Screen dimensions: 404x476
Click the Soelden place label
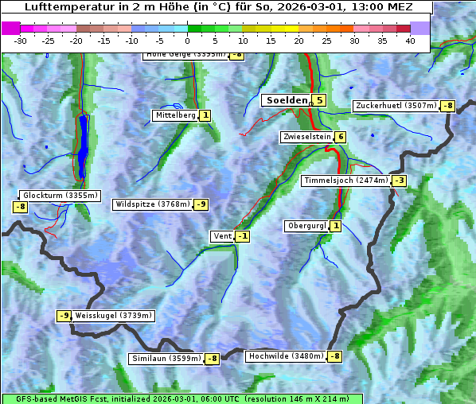click(286, 100)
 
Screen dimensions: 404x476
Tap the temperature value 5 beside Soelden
click(319, 100)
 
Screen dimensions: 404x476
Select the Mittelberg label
click(175, 115)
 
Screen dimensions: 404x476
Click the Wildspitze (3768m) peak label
click(153, 204)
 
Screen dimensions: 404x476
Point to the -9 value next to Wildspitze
click(201, 204)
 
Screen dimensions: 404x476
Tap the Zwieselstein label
click(306, 137)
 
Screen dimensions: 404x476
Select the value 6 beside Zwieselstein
click(341, 137)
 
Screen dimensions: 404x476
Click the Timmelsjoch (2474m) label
click(346, 181)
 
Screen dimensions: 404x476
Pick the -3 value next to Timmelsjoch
click(399, 181)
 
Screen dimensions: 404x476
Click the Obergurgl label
click(306, 226)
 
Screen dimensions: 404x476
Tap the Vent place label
click(222, 236)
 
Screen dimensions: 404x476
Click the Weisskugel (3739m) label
click(113, 316)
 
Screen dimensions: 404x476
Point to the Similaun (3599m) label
click(166, 359)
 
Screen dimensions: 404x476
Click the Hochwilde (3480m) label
click(286, 356)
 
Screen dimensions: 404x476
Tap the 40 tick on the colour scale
click(410, 41)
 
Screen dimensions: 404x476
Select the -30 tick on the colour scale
click(21, 41)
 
